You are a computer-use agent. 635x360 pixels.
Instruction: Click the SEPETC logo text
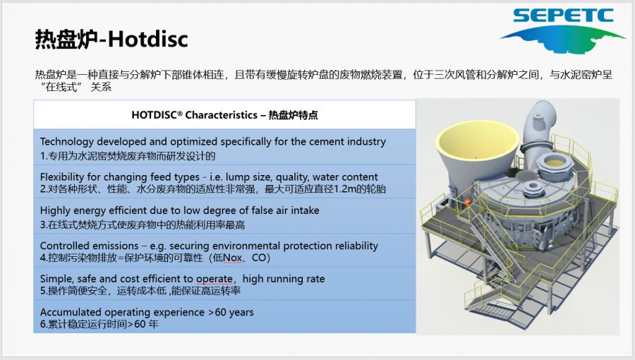point(563,16)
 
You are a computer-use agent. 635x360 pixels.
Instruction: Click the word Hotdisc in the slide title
point(148,40)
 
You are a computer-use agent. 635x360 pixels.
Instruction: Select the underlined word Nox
point(233,258)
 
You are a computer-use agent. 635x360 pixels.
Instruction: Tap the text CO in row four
point(259,258)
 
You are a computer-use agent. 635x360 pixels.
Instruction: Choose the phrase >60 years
point(231,312)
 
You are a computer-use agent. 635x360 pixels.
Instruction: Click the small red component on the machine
point(468,201)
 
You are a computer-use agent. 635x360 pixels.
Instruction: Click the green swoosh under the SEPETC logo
point(562,37)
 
